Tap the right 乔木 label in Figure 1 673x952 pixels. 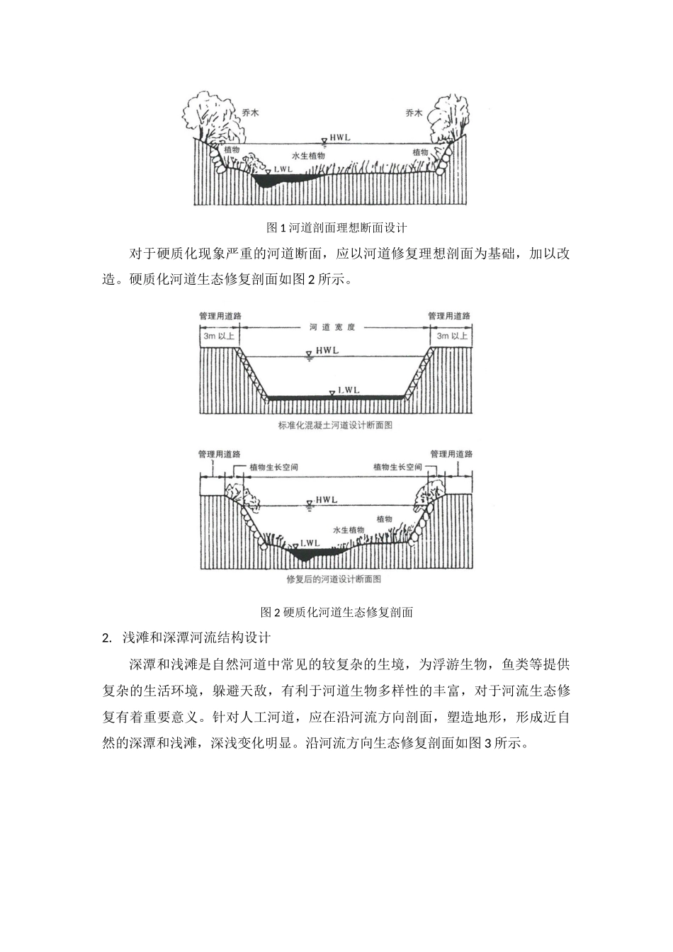pyautogui.click(x=414, y=113)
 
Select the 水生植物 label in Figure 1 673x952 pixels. pyautogui.click(x=308, y=155)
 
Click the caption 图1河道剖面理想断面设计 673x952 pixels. pyautogui.click(x=336, y=227)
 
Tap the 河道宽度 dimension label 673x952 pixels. pyautogui.click(x=332, y=327)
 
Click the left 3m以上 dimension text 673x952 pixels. pyautogui.click(x=220, y=336)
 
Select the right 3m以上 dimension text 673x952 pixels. pyautogui.click(x=451, y=336)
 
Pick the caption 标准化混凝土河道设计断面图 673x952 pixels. pyautogui.click(x=336, y=426)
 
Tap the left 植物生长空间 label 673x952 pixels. pyautogui.click(x=274, y=467)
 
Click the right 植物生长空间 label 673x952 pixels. pyautogui.click(x=397, y=467)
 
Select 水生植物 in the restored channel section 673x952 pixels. pyautogui.click(x=349, y=530)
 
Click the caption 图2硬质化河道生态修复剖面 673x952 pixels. pyautogui.click(x=336, y=612)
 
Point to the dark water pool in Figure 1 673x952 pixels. pyautogui.click(x=280, y=181)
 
